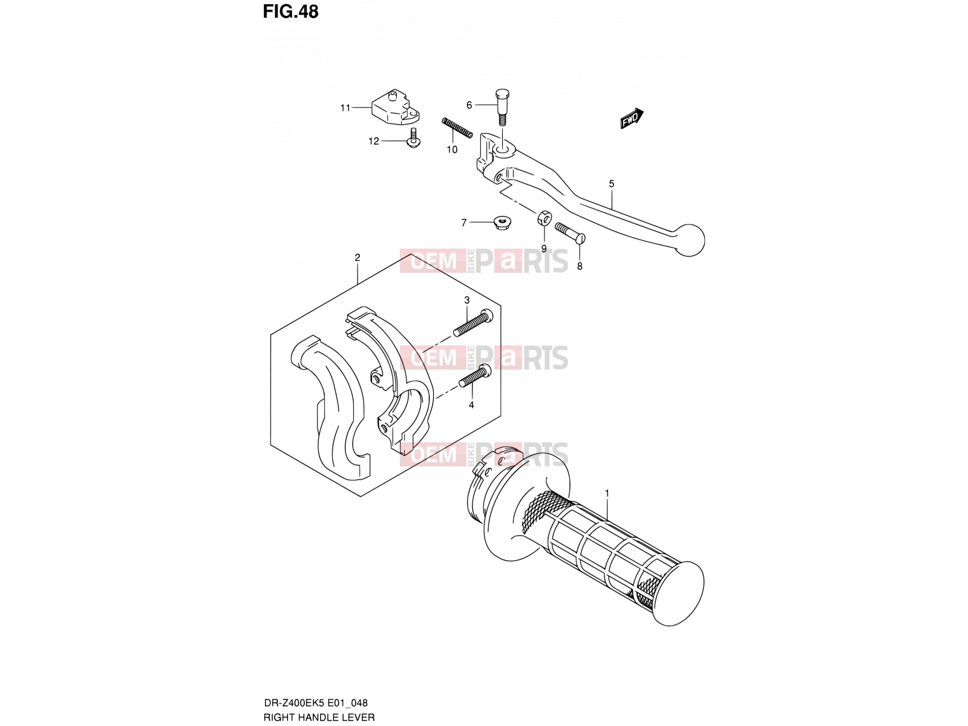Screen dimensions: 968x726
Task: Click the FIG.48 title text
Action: click(290, 12)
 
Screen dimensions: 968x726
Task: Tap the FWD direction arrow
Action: click(632, 118)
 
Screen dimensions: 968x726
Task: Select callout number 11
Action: click(345, 108)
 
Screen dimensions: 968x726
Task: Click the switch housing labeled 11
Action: click(395, 108)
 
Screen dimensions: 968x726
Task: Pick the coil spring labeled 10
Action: click(457, 128)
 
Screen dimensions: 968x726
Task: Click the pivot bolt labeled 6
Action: click(502, 108)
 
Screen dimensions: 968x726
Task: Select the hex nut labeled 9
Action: click(544, 217)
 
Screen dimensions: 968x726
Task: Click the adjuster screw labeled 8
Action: click(570, 232)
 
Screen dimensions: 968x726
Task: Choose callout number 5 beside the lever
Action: click(612, 184)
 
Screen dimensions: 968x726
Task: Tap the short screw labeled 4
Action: click(475, 376)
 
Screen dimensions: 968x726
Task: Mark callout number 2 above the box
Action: click(357, 258)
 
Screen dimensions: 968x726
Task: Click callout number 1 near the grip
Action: click(607, 493)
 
